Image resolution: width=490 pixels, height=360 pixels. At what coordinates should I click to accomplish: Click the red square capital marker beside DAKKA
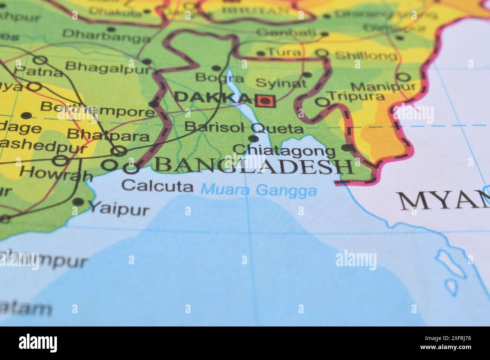click(x=266, y=101)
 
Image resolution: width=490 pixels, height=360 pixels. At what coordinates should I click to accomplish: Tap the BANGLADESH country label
click(x=254, y=166)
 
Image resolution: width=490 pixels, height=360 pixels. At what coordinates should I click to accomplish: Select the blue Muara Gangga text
click(x=259, y=190)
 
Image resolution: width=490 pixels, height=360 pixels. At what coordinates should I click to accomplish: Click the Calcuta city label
click(x=158, y=186)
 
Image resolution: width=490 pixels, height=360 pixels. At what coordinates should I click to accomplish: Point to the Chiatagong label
click(x=284, y=151)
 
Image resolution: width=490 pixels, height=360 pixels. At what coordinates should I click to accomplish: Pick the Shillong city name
click(x=366, y=56)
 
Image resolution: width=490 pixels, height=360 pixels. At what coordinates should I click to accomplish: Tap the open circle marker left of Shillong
click(x=322, y=53)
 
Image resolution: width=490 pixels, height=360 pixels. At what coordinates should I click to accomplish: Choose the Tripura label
click(x=357, y=96)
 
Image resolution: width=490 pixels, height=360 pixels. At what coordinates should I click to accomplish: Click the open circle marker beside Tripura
click(x=322, y=102)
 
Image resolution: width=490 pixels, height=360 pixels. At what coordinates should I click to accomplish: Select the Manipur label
click(x=380, y=87)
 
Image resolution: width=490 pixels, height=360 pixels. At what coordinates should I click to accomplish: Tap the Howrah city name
click(x=56, y=173)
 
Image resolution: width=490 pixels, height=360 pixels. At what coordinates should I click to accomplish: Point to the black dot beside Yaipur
click(x=78, y=202)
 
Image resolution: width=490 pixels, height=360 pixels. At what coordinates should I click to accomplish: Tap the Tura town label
click(x=284, y=52)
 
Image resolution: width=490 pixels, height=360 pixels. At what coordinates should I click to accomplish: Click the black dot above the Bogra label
click(x=216, y=68)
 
